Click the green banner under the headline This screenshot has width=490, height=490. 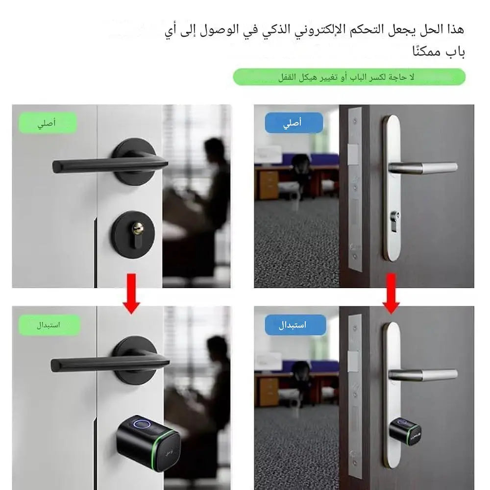349,77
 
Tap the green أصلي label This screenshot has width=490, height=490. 48,123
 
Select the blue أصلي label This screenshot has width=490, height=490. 294,123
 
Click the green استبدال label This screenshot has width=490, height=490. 49,325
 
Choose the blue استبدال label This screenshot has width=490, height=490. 295,325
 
